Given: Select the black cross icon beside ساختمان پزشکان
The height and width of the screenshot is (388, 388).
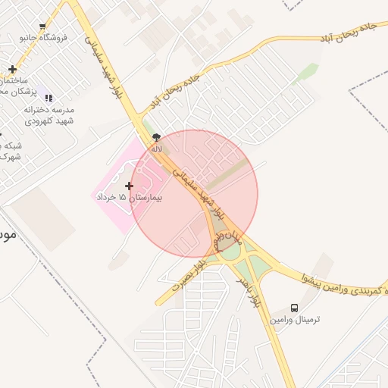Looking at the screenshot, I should pyautogui.click(x=12, y=70).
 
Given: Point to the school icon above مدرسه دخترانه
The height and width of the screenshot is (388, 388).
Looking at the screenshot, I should pyautogui.click(x=49, y=98).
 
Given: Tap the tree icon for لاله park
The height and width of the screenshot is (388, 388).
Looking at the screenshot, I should pyautogui.click(x=157, y=137).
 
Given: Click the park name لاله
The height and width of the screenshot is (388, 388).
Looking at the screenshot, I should pyautogui.click(x=157, y=149).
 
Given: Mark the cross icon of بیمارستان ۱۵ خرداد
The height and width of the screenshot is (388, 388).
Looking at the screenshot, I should pyautogui.click(x=130, y=185).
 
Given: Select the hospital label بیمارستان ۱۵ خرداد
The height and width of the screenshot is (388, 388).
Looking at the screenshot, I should pyautogui.click(x=130, y=197).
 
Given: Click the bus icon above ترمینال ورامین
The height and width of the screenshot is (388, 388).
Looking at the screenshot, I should pyautogui.click(x=294, y=308).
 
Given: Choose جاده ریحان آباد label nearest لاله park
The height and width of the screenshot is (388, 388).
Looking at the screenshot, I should pyautogui.click(x=175, y=89).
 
